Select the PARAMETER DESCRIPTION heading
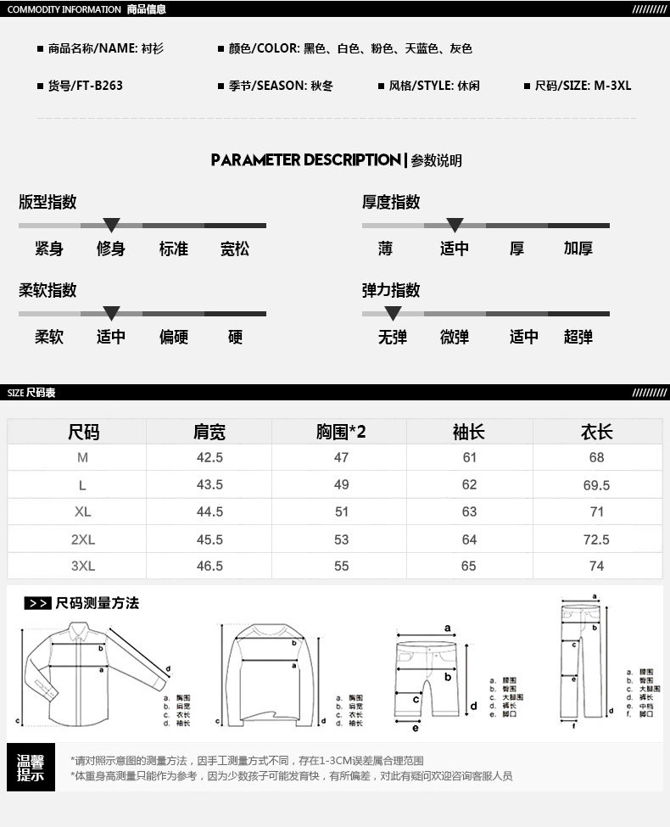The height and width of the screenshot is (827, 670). [305, 159]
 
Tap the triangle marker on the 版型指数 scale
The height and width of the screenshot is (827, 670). [111, 225]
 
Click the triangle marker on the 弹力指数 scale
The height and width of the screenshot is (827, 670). [393, 313]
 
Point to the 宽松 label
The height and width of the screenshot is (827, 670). [235, 249]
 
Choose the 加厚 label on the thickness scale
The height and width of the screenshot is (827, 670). [578, 249]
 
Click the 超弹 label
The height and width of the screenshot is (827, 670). [578, 337]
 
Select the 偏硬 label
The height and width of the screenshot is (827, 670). [173, 337]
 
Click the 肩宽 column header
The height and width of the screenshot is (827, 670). [209, 432]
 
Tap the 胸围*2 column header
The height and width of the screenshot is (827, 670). [341, 432]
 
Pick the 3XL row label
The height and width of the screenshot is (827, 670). [82, 566]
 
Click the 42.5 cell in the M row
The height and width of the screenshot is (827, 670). [209, 457]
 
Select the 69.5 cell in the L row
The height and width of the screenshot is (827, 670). [596, 485]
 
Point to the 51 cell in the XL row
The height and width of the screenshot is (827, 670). [341, 512]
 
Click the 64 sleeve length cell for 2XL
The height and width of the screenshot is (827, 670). [469, 539]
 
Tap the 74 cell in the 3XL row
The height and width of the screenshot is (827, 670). [596, 566]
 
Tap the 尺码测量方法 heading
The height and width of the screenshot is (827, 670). [97, 603]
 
